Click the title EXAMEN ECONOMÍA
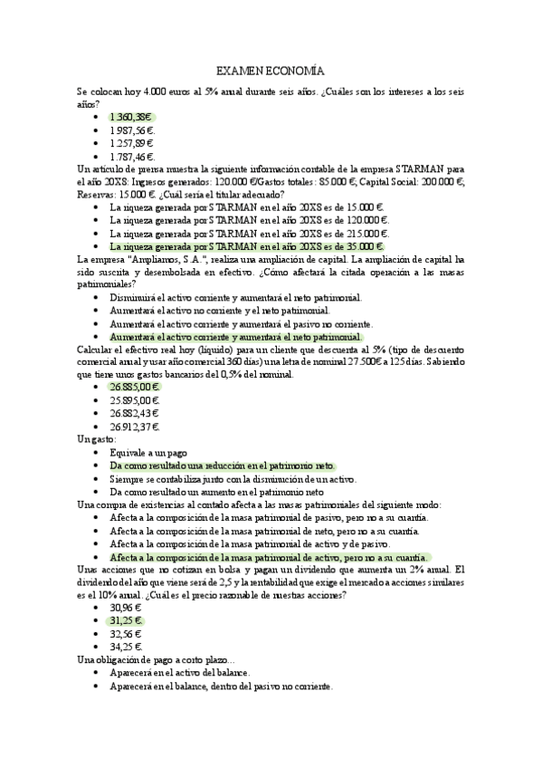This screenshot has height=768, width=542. pyautogui.click(x=271, y=71)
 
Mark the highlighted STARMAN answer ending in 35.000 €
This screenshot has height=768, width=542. pyautogui.click(x=247, y=245)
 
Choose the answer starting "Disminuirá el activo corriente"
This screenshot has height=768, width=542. pyautogui.click(x=235, y=297)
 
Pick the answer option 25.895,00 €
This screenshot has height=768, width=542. pyautogui.click(x=134, y=400)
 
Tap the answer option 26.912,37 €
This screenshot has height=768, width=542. pyautogui.click(x=135, y=426)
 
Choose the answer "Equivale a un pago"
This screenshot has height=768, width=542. pyautogui.click(x=148, y=452)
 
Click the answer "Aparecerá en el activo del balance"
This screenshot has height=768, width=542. pyautogui.click(x=179, y=673)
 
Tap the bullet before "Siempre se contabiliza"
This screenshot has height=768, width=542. pyautogui.click(x=97, y=477)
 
